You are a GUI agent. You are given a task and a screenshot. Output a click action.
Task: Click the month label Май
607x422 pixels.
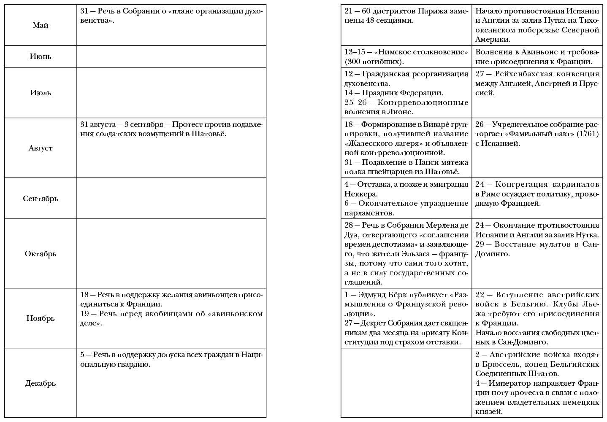point(41,25)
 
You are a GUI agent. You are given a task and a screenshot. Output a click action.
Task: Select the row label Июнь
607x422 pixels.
point(41,56)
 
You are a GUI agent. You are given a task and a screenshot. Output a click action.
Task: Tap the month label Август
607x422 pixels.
point(41,148)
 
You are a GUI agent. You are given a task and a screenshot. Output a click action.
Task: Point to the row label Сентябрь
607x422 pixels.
point(41,198)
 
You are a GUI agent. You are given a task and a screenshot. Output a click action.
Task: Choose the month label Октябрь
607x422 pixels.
point(41,254)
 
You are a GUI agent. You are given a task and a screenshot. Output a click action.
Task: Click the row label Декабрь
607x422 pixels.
point(41,383)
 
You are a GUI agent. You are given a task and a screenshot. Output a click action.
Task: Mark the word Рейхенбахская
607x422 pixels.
point(523,74)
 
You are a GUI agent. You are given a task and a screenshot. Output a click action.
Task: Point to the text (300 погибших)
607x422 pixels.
point(374,62)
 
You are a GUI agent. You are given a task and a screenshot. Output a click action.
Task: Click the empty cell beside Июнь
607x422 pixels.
point(171,56)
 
